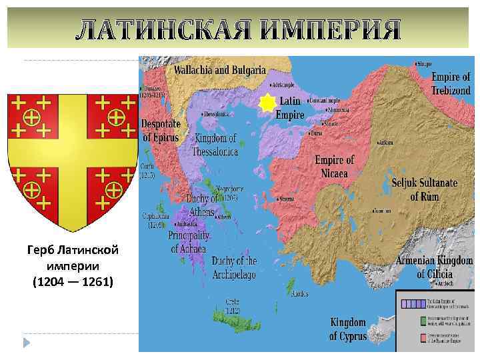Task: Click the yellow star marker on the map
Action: point(267,103)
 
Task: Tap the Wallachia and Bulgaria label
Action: point(220,70)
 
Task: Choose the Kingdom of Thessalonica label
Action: point(215,145)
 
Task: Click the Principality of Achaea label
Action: point(189,243)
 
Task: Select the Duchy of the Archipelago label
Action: point(234,268)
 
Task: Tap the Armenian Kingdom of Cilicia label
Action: point(434,267)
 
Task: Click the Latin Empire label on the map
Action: point(291,107)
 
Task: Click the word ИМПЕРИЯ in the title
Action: point(329,30)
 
